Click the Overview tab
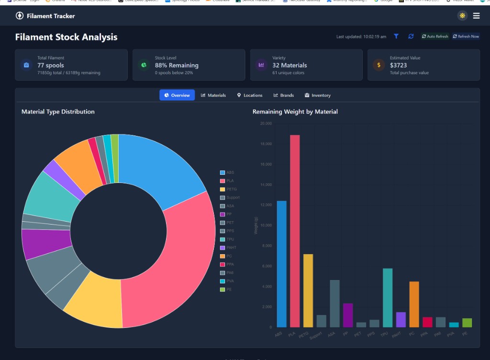(177, 95)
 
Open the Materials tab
(213, 95)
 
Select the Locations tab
(250, 95)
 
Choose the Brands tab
(284, 95)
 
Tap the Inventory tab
(318, 95)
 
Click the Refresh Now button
(466, 36)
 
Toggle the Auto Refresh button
(435, 36)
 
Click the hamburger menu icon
(476, 16)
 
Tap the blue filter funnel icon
(396, 36)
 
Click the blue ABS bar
(281, 264)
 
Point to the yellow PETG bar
(308, 291)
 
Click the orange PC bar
(414, 304)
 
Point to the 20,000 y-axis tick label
(265, 124)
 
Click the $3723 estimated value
(398, 65)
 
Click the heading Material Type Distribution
(58, 112)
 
